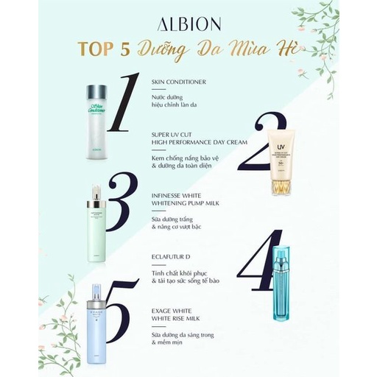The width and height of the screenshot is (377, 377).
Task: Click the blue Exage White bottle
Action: (x=98, y=321)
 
